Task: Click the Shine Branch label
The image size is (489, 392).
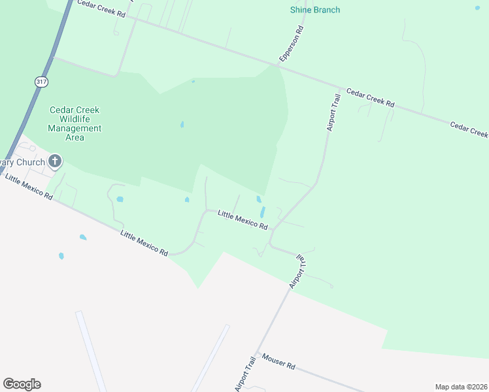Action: pyautogui.click(x=315, y=10)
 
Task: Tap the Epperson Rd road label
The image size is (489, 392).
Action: pyautogui.click(x=292, y=44)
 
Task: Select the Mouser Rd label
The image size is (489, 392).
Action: pyautogui.click(x=278, y=361)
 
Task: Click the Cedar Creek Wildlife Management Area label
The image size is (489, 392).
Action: pyautogui.click(x=75, y=123)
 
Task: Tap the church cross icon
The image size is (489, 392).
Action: pyautogui.click(x=55, y=161)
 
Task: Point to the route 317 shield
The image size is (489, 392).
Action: pyautogui.click(x=42, y=82)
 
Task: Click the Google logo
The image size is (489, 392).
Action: pyautogui.click(x=22, y=384)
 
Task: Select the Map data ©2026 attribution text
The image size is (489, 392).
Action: pyautogui.click(x=461, y=387)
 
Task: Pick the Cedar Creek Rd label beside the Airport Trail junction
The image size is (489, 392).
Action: pyautogui.click(x=371, y=98)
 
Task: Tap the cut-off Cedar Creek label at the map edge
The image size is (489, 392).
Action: pyautogui.click(x=469, y=129)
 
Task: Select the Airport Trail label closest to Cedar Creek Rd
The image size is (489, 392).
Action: pyautogui.click(x=334, y=113)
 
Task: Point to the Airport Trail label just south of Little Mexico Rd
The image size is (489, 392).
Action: pyautogui.click(x=298, y=272)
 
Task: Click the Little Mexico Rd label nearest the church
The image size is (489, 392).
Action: pyautogui.click(x=28, y=186)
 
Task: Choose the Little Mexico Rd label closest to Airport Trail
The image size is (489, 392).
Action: pyautogui.click(x=243, y=220)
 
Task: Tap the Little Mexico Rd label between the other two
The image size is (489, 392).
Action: pyautogui.click(x=144, y=243)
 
